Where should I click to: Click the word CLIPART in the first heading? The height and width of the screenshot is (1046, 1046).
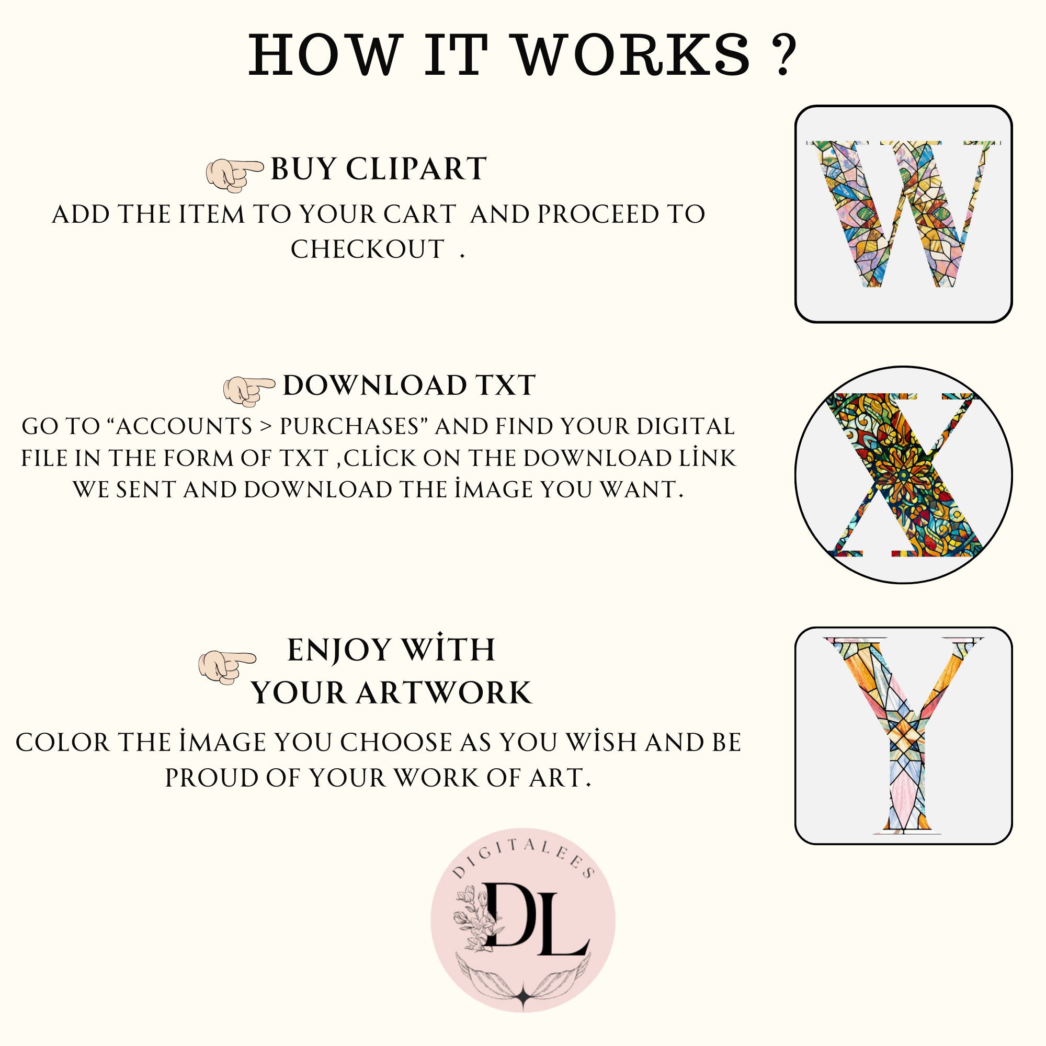[416, 169]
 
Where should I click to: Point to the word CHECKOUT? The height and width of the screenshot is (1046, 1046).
[368, 249]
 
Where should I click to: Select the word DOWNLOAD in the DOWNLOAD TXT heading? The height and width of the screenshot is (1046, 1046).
[374, 386]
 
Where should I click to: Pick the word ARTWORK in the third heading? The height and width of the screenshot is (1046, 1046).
[444, 693]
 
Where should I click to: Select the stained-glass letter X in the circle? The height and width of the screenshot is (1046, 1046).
[903, 475]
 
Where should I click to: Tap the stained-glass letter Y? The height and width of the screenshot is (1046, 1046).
[903, 736]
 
